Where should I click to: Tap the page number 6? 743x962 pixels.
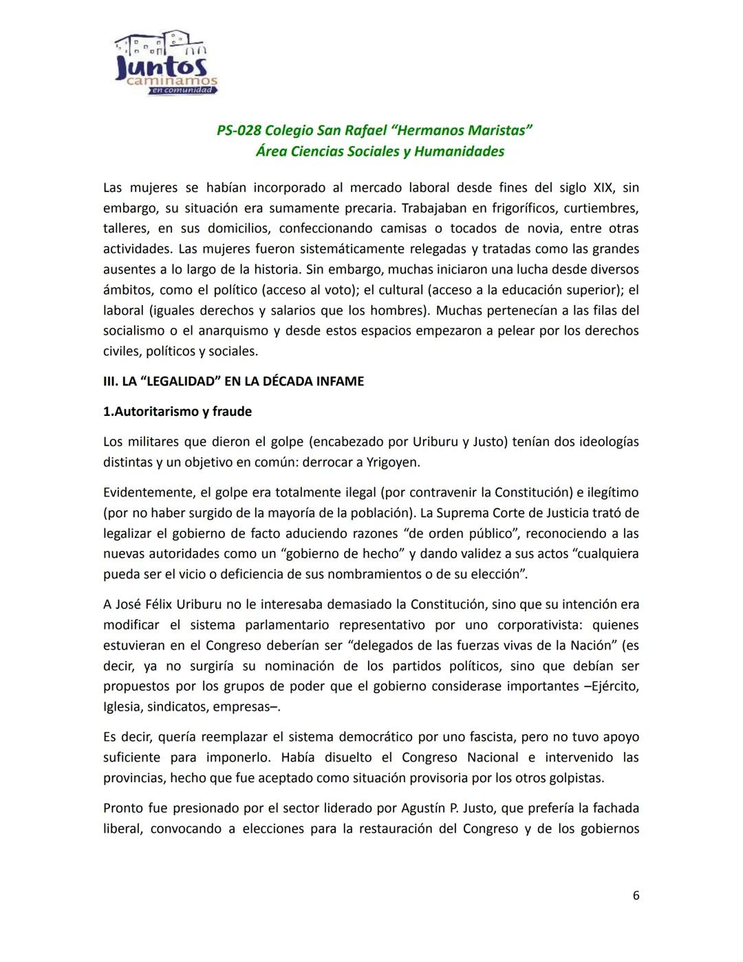[636, 895]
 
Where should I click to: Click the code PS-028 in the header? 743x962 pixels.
[238, 131]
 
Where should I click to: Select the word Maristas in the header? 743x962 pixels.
[499, 131]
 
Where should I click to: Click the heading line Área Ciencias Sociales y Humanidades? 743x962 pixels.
[380, 151]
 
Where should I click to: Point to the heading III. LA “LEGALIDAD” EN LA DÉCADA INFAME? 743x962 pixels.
[234, 381]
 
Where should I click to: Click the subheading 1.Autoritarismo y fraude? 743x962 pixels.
[177, 412]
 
